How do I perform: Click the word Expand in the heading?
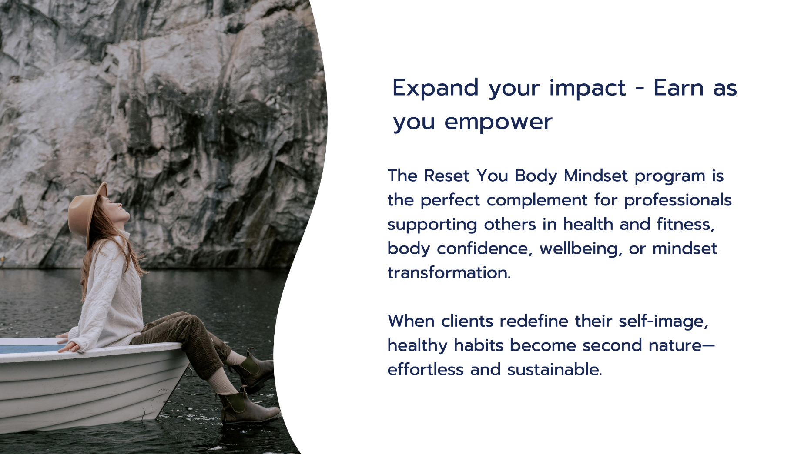(436, 89)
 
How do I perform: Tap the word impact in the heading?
(587, 89)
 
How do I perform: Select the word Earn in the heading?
(679, 88)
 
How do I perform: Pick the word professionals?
(678, 200)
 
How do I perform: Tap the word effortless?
(426, 370)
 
